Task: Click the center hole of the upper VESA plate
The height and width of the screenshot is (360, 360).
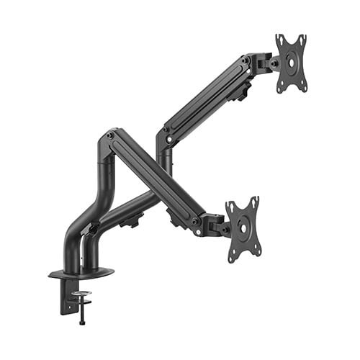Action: [x=291, y=63]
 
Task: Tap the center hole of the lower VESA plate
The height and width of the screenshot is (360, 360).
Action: [x=242, y=229]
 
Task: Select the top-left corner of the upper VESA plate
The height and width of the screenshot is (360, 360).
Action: [x=277, y=36]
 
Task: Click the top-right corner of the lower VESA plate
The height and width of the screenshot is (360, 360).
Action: [x=256, y=199]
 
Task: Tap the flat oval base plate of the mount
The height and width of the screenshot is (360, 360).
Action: [x=81, y=274]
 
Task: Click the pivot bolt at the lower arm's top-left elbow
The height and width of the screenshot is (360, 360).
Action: [x=109, y=135]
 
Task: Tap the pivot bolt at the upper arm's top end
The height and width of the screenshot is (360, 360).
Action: [x=247, y=63]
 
